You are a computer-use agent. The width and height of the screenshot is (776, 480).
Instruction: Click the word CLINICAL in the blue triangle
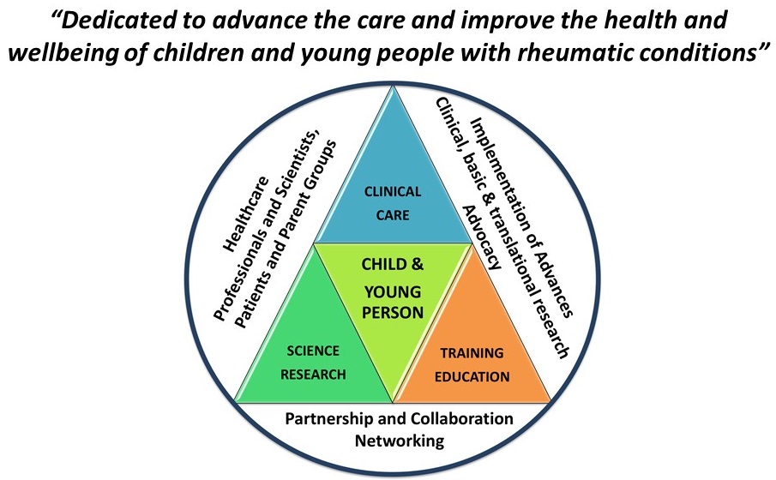pyautogui.click(x=393, y=191)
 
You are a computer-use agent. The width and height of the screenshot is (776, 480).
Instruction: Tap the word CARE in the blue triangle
pyautogui.click(x=393, y=215)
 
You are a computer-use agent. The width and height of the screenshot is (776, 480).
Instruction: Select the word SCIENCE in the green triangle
pyautogui.click(x=313, y=351)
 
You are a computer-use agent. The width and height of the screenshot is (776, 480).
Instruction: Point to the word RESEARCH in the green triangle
pyautogui.click(x=313, y=375)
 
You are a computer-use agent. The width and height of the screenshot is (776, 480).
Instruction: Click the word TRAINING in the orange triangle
pyautogui.click(x=472, y=353)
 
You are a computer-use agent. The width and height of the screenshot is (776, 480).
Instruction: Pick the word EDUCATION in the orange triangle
pyautogui.click(x=472, y=377)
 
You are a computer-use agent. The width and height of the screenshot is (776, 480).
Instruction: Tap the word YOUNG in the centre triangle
pyautogui.click(x=393, y=292)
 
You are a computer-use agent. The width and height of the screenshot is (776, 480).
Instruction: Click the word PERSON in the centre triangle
pyautogui.click(x=393, y=313)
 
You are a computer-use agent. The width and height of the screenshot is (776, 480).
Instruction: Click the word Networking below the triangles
pyautogui.click(x=400, y=441)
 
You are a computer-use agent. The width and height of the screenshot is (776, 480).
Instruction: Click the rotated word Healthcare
pyautogui.click(x=246, y=214)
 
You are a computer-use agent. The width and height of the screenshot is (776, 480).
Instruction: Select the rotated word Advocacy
pyautogui.click(x=482, y=237)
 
